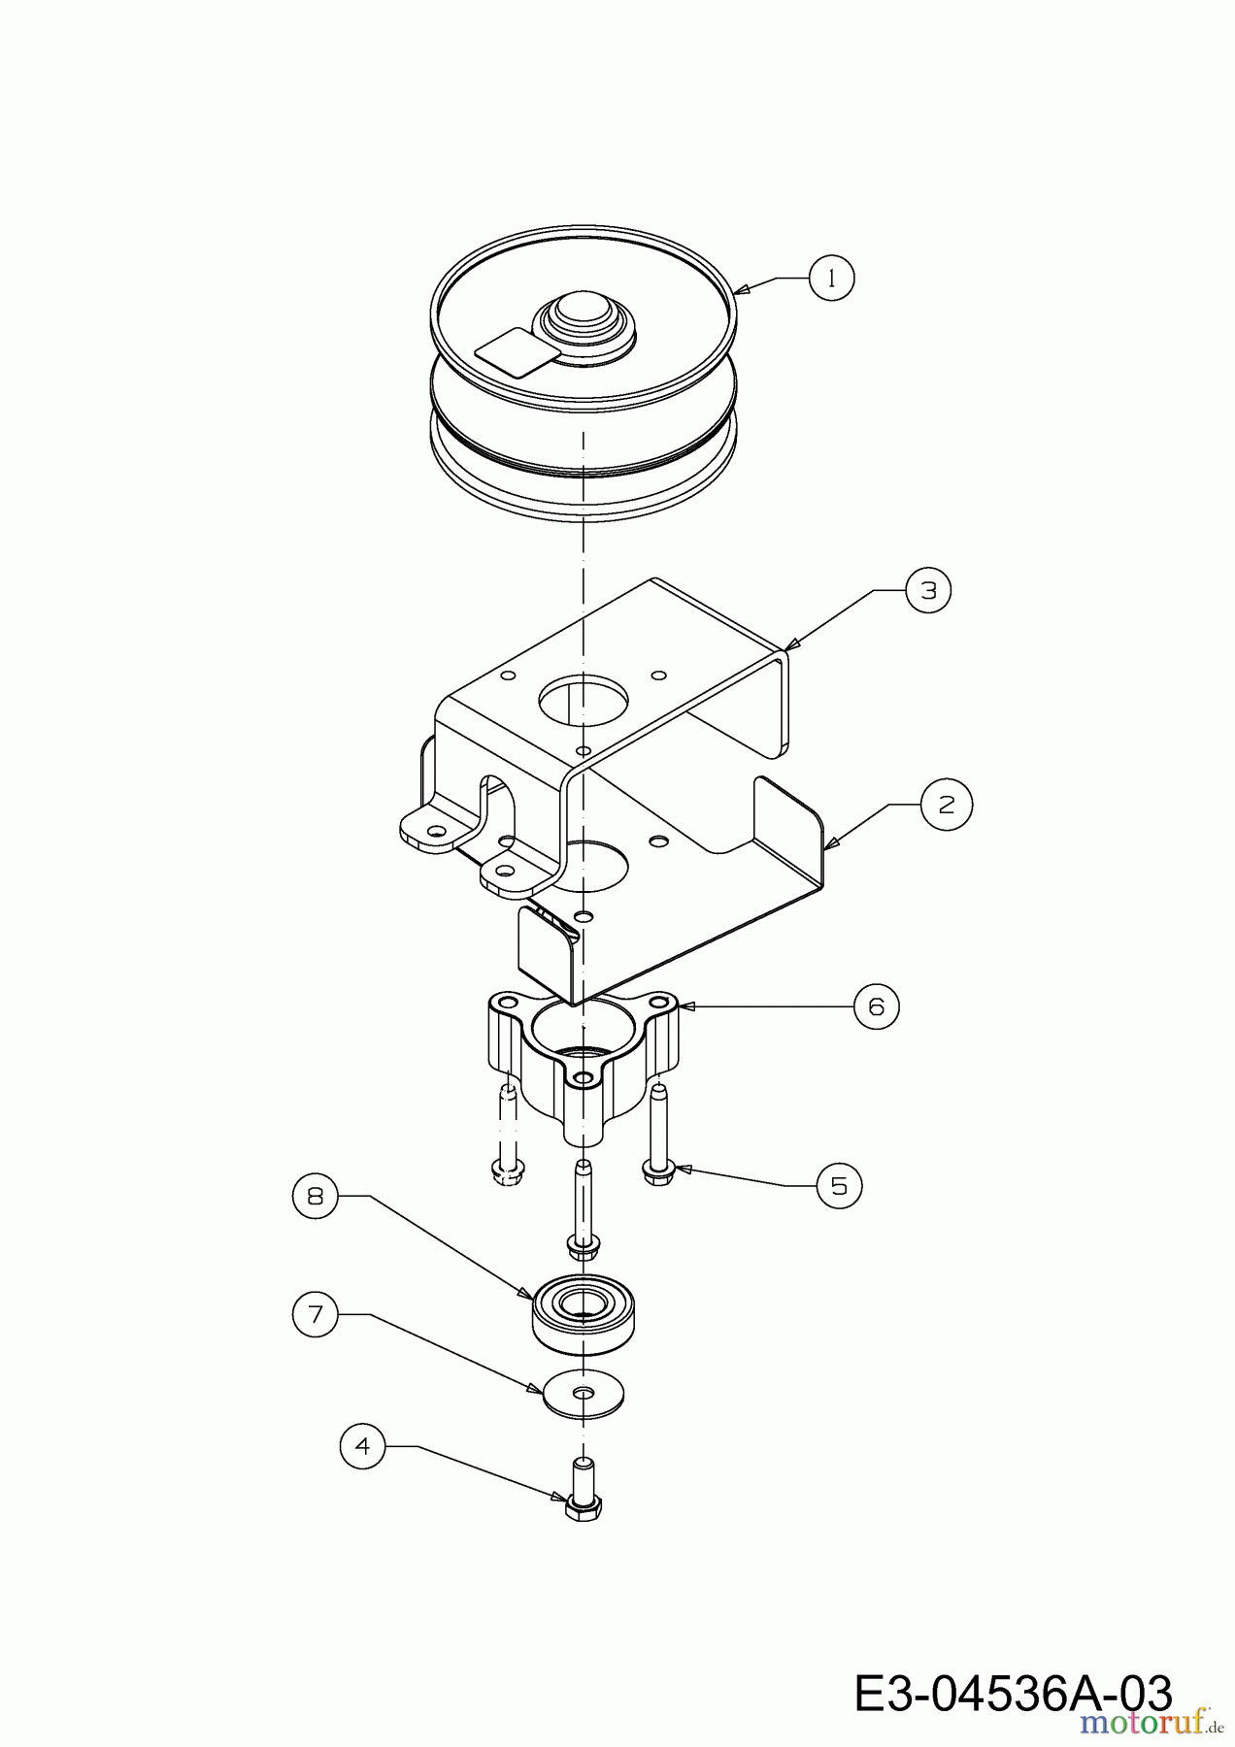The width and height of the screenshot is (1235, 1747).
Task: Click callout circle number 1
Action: pyautogui.click(x=831, y=278)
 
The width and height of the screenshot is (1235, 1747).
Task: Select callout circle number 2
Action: pyautogui.click(x=947, y=805)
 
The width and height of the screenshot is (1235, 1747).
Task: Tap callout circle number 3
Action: pyautogui.click(x=928, y=590)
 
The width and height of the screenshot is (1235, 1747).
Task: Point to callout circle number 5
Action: pyautogui.click(x=839, y=1185)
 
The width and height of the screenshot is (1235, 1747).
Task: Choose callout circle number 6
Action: pyautogui.click(x=877, y=1007)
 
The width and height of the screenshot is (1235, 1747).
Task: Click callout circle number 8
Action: pyautogui.click(x=316, y=1196)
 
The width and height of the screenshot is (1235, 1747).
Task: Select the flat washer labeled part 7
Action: pyautogui.click(x=583, y=1395)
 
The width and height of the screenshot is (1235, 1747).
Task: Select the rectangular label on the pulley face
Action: pyautogui.click(x=515, y=351)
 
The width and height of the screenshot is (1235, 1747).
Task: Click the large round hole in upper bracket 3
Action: pyautogui.click(x=584, y=700)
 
